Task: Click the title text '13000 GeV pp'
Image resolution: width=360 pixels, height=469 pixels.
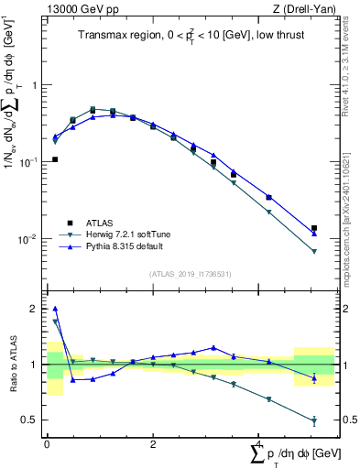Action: click(x=74, y=10)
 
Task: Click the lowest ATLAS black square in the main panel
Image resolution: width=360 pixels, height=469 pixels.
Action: click(x=314, y=228)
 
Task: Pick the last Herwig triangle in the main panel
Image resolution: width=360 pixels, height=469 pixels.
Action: click(x=314, y=251)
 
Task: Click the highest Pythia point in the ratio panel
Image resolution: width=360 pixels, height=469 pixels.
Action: click(x=55, y=309)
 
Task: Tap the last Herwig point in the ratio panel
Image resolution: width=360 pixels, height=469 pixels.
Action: click(x=314, y=421)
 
